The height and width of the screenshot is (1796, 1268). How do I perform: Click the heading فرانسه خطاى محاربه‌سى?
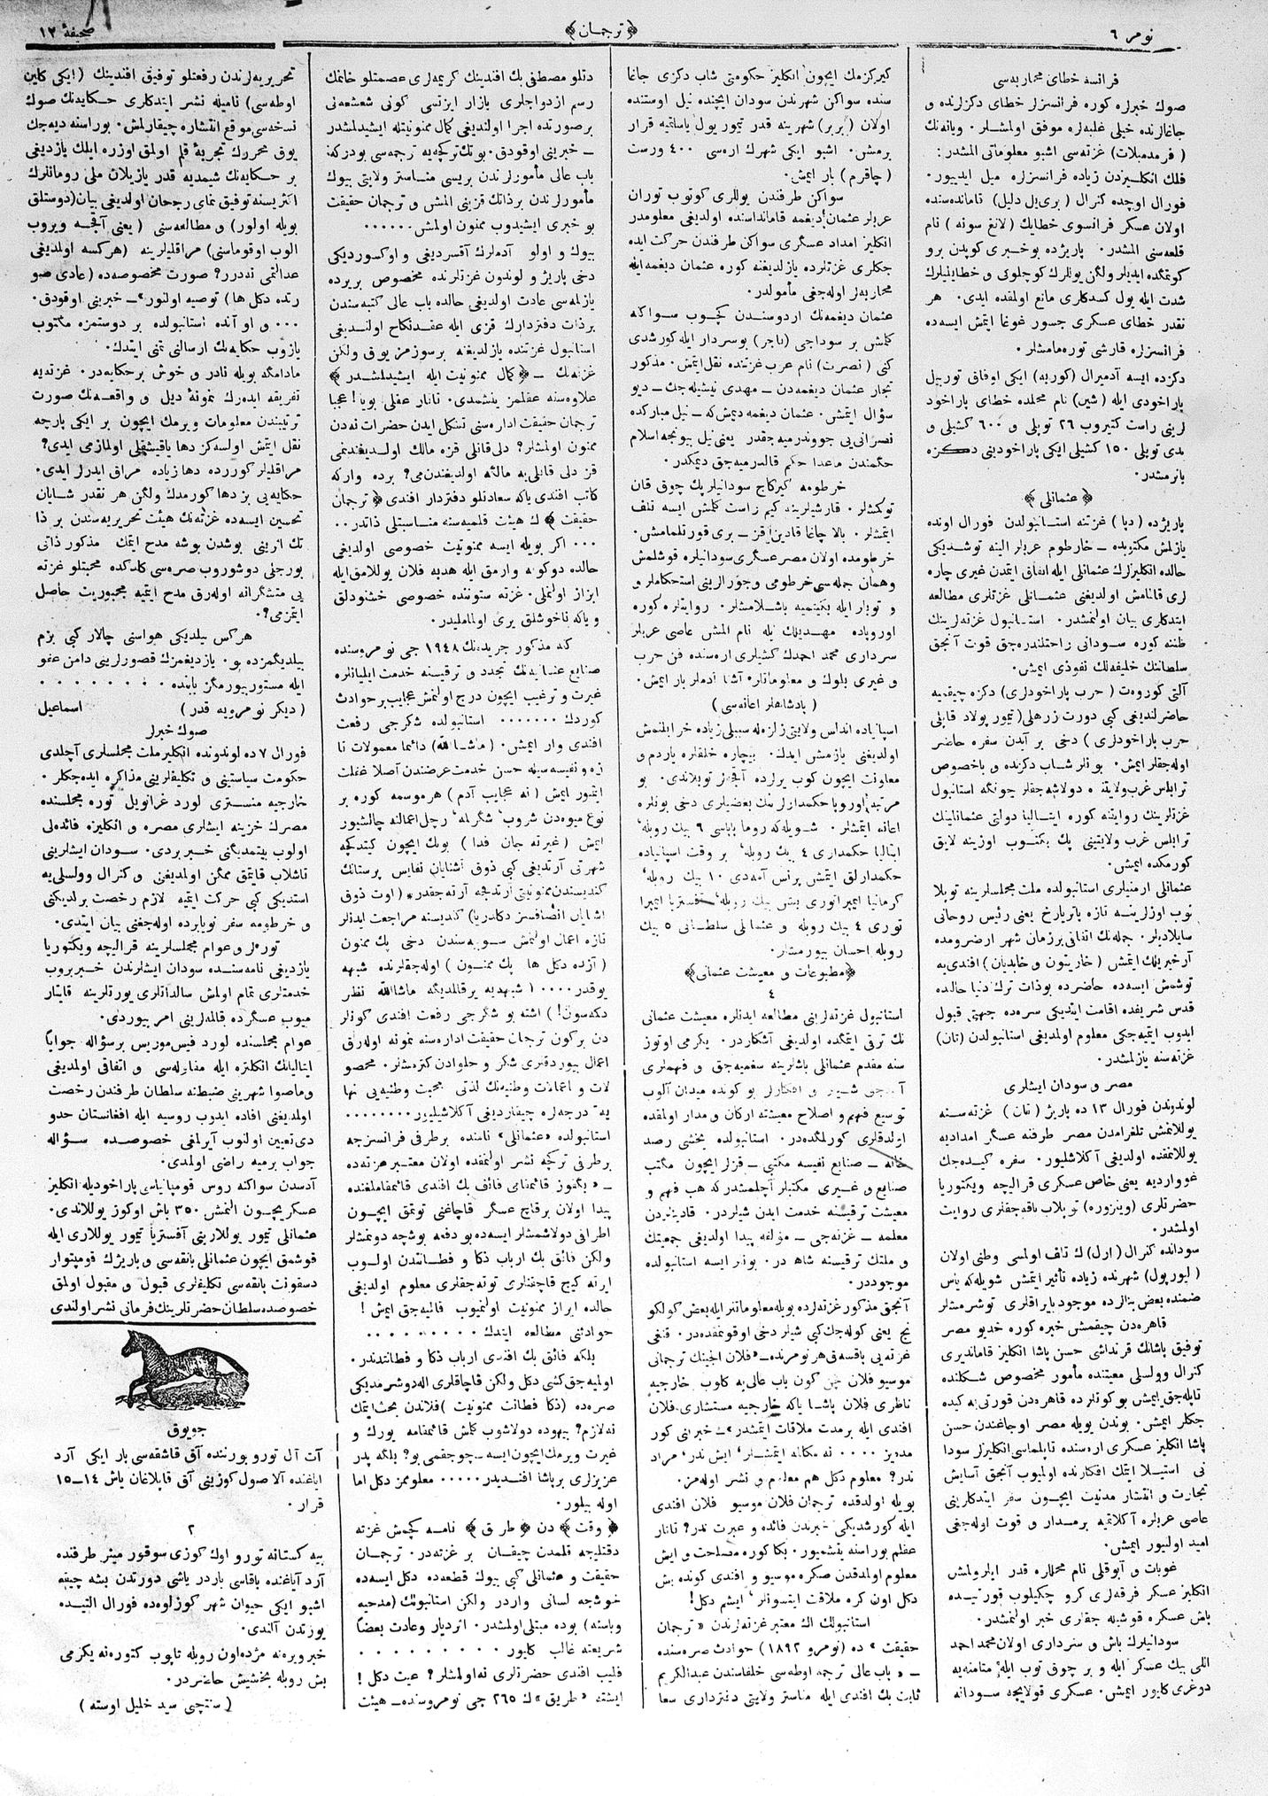(x=1093, y=66)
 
